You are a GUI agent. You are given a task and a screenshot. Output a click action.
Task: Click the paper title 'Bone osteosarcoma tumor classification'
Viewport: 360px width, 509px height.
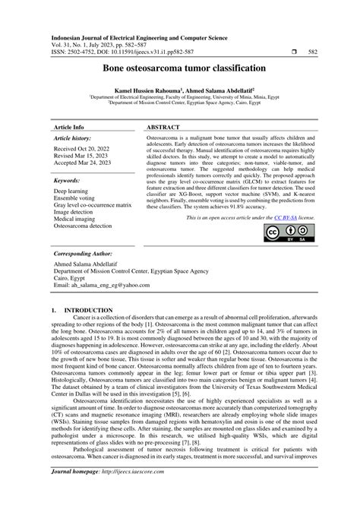pos(179,68)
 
